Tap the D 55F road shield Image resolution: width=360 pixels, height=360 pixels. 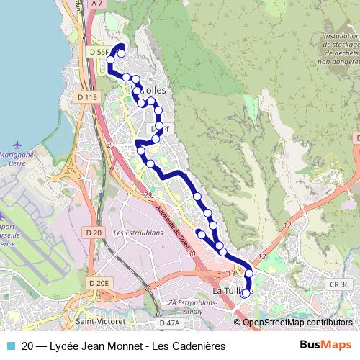tap(97, 53)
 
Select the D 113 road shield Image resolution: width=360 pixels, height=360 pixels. tap(86, 96)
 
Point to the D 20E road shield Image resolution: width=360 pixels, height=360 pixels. tap(98, 283)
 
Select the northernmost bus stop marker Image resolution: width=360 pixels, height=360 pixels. tap(121, 53)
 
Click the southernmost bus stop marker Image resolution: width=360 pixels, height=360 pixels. tap(246, 293)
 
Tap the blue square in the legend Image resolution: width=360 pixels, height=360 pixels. tap(9, 346)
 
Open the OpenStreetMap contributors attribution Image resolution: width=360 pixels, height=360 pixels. tap(297, 323)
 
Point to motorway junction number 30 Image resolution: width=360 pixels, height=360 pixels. tap(191, 253)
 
